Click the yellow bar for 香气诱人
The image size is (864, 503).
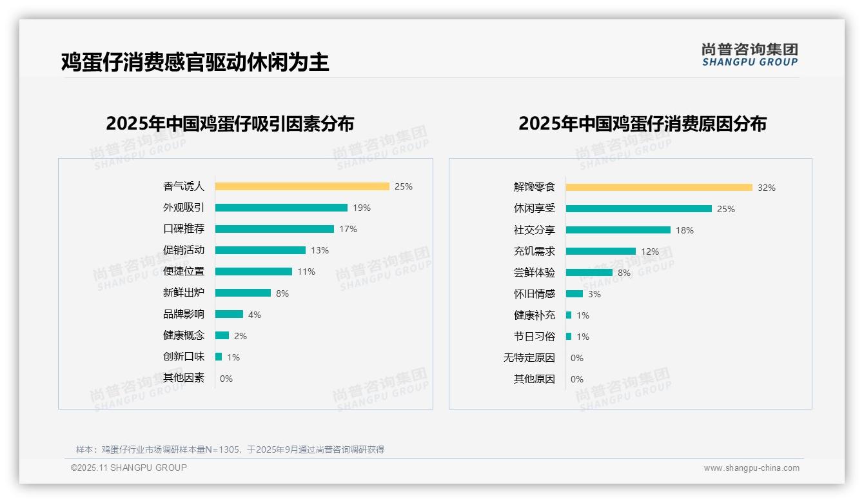pyautogui.click(x=302, y=186)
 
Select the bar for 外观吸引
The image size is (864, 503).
pyautogui.click(x=281, y=208)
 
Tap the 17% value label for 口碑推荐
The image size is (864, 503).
pyautogui.click(x=348, y=229)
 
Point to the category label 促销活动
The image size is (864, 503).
pyautogui.click(x=183, y=250)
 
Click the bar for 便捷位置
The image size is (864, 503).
pyautogui.click(x=253, y=271)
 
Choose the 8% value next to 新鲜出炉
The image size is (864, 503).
pyautogui.click(x=282, y=293)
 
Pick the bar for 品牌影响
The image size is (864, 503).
pyautogui.click(x=229, y=314)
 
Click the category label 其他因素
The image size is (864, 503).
pyautogui.click(x=183, y=378)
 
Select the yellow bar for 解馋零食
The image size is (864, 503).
pyautogui.click(x=659, y=188)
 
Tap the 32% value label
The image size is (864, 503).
pyautogui.click(x=767, y=188)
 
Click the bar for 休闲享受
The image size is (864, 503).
pyautogui.click(x=638, y=209)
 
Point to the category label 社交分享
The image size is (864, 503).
pyautogui.click(x=534, y=230)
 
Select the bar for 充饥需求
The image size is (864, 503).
pyautogui.click(x=600, y=252)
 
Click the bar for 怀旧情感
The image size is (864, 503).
pyautogui.click(x=574, y=294)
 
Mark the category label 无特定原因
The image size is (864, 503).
pyautogui.click(x=529, y=358)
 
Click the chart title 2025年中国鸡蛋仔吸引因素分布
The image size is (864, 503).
pyautogui.click(x=230, y=123)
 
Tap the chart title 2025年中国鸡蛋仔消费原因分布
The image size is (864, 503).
pyautogui.click(x=642, y=123)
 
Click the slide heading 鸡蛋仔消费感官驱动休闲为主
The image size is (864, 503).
pyautogui.click(x=195, y=62)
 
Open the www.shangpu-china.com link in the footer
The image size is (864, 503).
pyautogui.click(x=751, y=468)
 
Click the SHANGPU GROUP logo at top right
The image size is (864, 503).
pyautogui.click(x=749, y=55)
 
